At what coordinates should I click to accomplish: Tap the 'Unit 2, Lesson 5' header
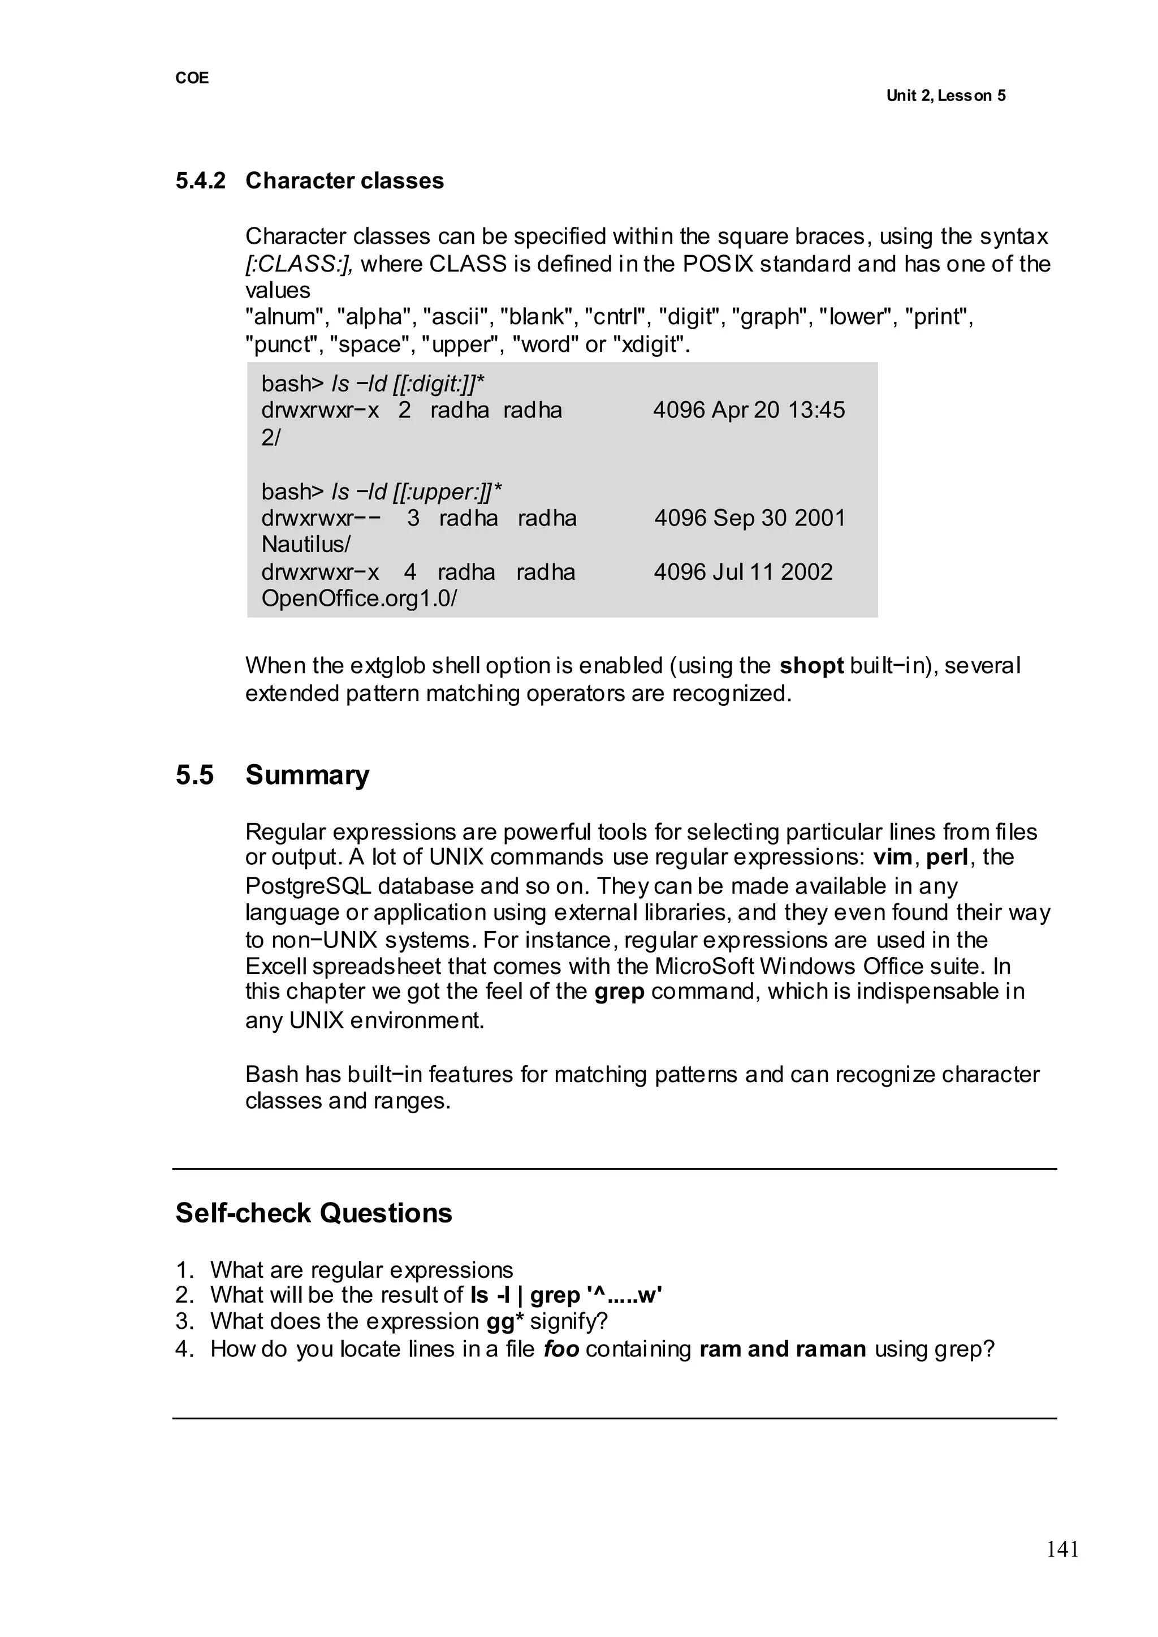(945, 96)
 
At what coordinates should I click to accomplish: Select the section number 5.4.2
(200, 181)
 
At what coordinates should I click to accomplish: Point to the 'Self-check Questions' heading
(314, 1213)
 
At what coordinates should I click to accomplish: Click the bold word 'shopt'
(811, 666)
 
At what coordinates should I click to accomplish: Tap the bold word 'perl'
(947, 856)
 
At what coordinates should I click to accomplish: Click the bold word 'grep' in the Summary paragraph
(619, 992)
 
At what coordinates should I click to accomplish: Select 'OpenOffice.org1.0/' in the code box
(358, 598)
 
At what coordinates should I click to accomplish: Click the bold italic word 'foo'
(560, 1349)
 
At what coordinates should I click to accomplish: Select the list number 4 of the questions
(184, 1349)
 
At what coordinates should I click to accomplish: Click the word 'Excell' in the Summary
(276, 967)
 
